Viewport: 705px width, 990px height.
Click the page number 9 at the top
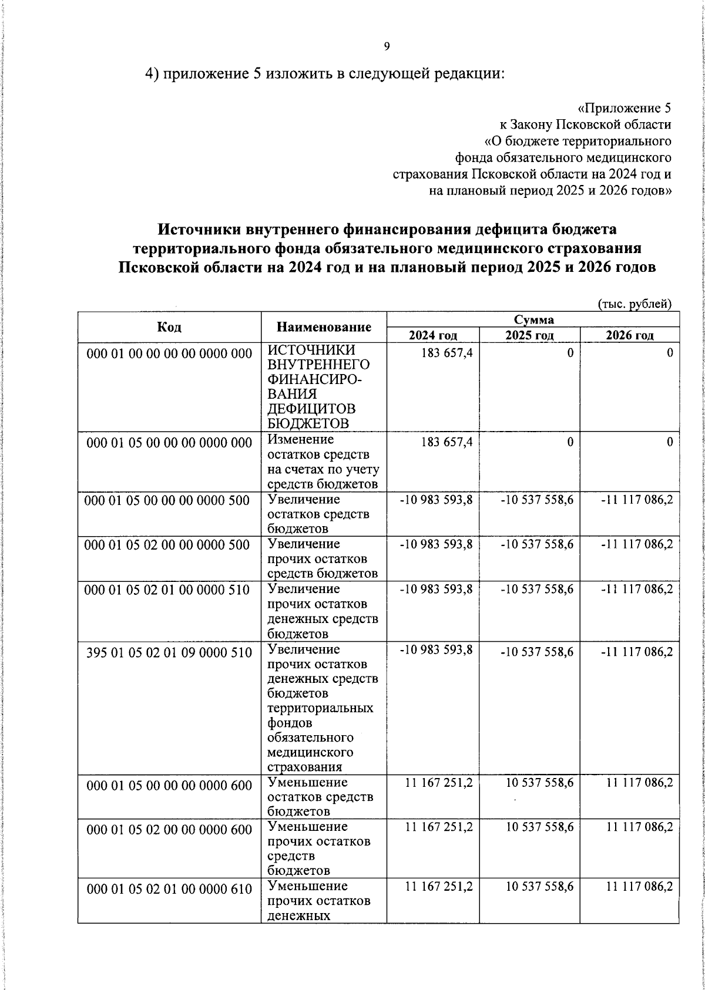pyautogui.click(x=386, y=48)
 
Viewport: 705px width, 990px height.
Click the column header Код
pyautogui.click(x=169, y=327)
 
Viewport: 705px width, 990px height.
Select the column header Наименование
pyautogui.click(x=324, y=327)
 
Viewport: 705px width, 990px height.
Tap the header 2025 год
pyautogui.click(x=529, y=335)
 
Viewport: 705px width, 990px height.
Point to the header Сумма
pyautogui.click(x=533, y=319)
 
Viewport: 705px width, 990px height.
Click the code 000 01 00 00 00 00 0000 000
pyautogui.click(x=169, y=353)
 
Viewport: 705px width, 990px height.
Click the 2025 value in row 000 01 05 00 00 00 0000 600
pyautogui.click(x=539, y=783)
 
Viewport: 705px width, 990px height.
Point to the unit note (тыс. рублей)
pyautogui.click(x=634, y=304)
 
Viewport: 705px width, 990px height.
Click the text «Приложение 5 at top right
pyautogui.click(x=624, y=109)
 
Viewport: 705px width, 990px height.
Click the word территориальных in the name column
pyautogui.click(x=320, y=708)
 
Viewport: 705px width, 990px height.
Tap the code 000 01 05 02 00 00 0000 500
pyautogui.click(x=168, y=544)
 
